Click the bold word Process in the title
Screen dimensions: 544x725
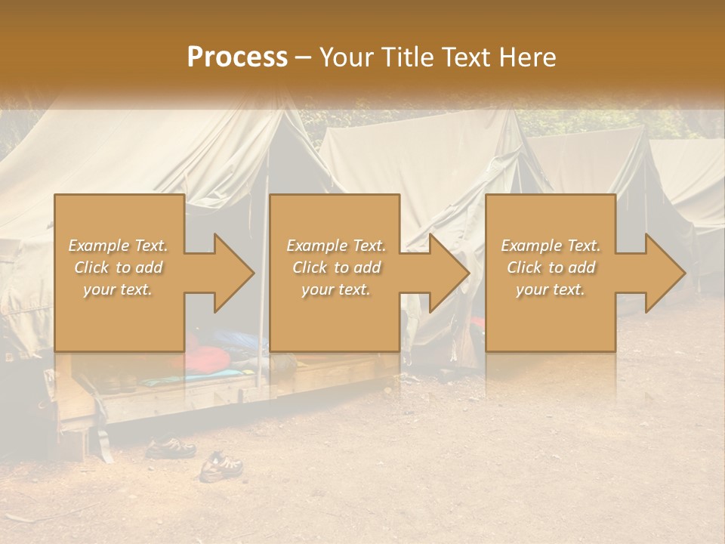click(237, 57)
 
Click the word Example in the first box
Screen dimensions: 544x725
click(99, 246)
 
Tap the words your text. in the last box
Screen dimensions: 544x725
click(550, 289)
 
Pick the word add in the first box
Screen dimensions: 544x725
click(148, 267)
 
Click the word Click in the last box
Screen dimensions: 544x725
click(527, 267)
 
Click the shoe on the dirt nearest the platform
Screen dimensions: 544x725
click(171, 448)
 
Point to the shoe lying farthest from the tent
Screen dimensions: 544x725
click(221, 467)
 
